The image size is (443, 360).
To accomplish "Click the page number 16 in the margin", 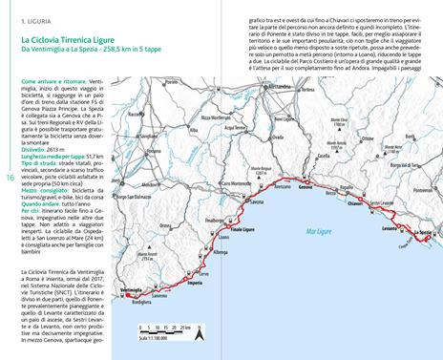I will click(x=9, y=176).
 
